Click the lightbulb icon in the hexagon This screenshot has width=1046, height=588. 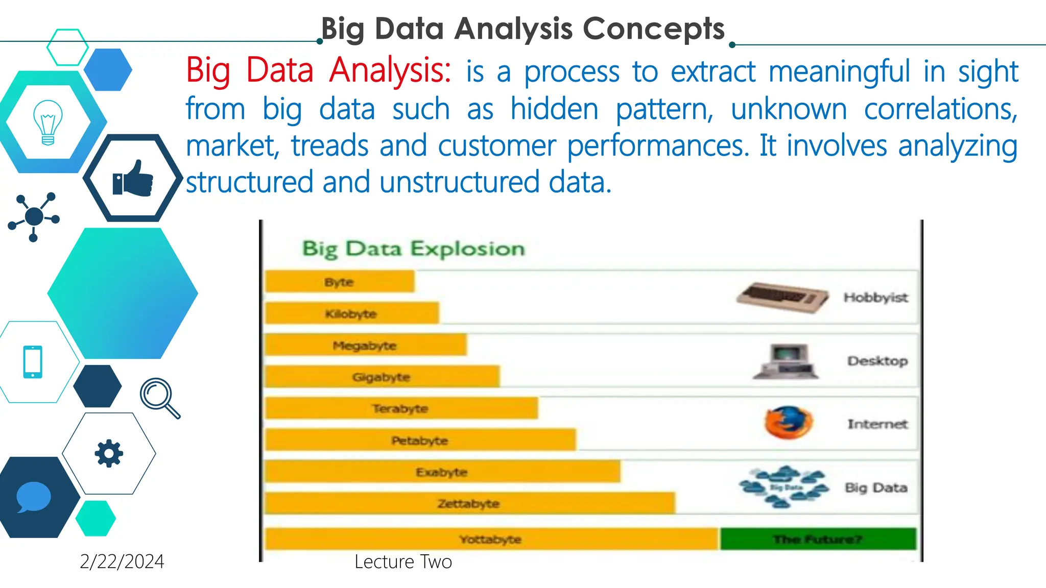[47, 122]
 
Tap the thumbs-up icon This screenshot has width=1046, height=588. [133, 179]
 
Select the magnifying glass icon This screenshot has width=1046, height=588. [159, 398]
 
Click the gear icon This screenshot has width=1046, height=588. [109, 453]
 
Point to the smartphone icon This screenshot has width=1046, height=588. [33, 362]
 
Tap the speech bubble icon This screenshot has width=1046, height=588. [34, 497]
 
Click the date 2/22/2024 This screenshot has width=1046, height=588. [122, 561]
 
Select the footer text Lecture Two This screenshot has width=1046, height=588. [403, 561]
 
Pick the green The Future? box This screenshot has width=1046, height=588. [818, 539]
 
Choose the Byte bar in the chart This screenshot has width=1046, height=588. [340, 282]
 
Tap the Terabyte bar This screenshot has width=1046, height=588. [401, 408]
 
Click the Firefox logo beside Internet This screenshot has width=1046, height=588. [788, 423]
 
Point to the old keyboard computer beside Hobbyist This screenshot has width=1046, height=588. [782, 297]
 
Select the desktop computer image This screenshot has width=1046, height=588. [786, 361]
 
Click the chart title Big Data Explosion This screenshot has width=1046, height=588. [413, 249]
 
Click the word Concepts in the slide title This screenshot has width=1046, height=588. [654, 29]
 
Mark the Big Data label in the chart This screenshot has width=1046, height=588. [876, 487]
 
